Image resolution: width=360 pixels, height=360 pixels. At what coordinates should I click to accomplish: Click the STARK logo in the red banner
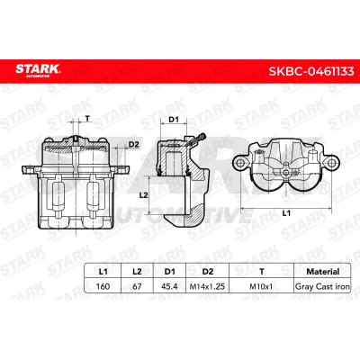38,70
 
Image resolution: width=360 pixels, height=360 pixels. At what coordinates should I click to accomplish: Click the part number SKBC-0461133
311,72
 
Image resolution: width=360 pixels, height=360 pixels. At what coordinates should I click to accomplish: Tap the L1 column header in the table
103,272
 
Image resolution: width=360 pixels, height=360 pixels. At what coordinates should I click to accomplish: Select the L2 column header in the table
137,272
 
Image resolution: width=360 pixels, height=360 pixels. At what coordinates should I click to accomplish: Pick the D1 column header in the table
169,272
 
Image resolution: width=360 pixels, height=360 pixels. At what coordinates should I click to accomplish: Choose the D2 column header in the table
207,272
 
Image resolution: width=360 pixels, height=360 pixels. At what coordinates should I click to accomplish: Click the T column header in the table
262,272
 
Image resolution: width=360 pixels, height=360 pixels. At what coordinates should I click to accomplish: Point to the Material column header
323,272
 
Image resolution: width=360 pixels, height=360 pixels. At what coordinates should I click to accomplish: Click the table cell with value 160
103,286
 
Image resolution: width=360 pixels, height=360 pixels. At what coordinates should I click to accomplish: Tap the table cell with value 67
137,286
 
